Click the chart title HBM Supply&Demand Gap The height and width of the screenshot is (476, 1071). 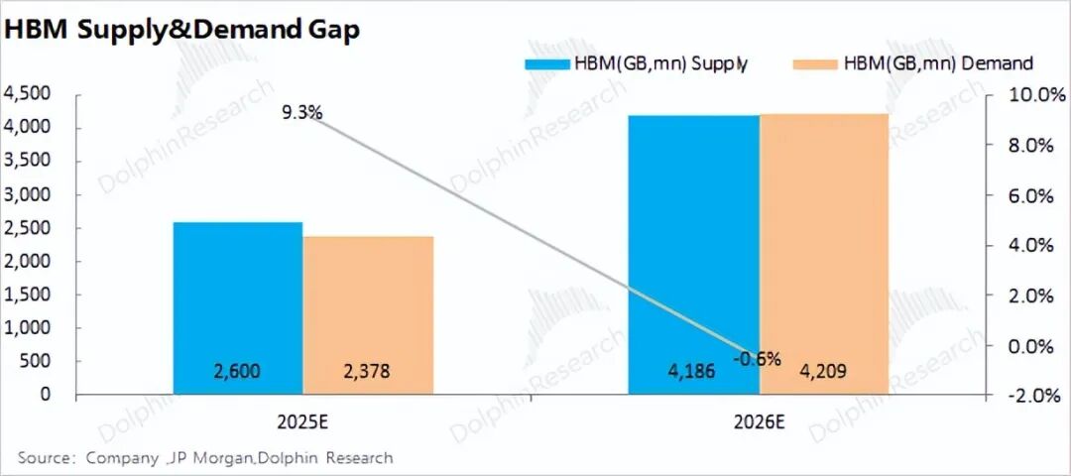coord(181,30)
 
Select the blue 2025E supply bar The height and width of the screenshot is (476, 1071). coord(238,297)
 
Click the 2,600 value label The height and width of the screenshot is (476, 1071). coord(238,372)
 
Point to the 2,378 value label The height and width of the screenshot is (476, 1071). coord(365,372)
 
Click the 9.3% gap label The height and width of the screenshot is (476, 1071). coord(301,112)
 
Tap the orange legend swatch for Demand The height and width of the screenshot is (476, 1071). coord(816,63)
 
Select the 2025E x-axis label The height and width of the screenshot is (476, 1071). coord(303,422)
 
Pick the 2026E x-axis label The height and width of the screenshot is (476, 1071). coord(760,422)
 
